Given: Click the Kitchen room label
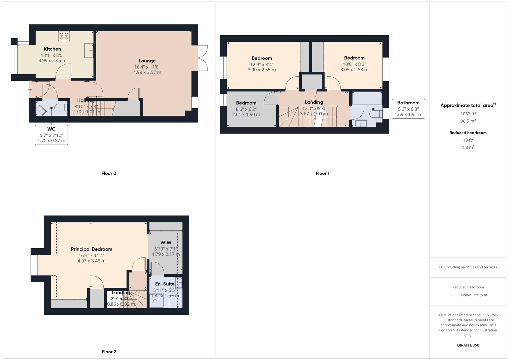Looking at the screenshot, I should (x=52, y=49).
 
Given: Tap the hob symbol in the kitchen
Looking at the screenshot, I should (x=64, y=36).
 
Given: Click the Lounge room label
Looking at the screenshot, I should (x=147, y=61).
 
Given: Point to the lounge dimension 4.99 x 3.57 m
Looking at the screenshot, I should (x=147, y=72).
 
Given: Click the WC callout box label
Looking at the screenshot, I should (x=51, y=129).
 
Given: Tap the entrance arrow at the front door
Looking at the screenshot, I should (x=30, y=89).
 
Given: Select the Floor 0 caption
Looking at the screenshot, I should (x=109, y=173).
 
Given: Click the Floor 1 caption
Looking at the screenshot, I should (x=322, y=173).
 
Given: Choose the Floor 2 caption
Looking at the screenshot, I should (x=109, y=352).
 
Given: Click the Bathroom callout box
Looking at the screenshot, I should (x=408, y=108).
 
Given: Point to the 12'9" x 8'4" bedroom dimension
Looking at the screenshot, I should (x=262, y=64).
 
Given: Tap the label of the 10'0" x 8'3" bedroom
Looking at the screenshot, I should (x=354, y=58).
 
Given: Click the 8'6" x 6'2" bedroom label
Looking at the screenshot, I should (x=246, y=103).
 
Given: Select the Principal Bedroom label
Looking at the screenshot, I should (x=91, y=249).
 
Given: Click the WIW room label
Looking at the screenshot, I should (x=166, y=243).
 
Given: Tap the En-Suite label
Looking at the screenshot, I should (x=165, y=284).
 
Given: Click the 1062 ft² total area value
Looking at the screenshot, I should (x=468, y=114).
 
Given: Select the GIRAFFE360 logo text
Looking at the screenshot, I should (x=468, y=345).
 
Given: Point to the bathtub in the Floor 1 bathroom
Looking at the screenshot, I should (x=367, y=98).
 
